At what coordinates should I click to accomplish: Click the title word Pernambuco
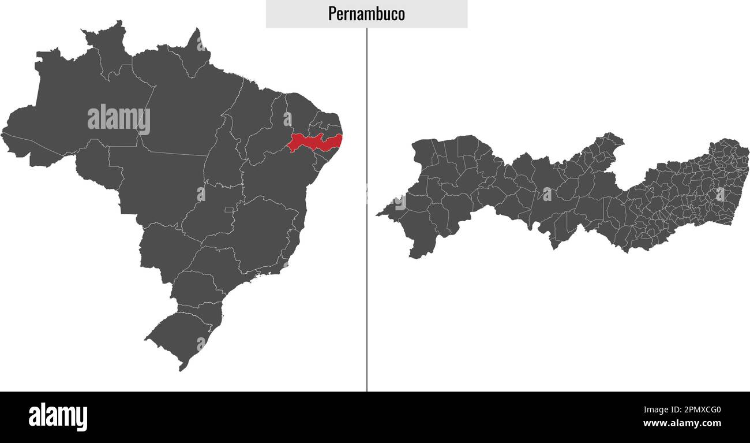pyautogui.click(x=366, y=14)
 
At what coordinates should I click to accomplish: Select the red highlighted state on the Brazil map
pyautogui.click(x=314, y=142)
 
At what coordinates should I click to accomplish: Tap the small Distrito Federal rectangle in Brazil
pyautogui.click(x=229, y=209)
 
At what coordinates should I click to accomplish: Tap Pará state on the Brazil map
pyautogui.click(x=185, y=110)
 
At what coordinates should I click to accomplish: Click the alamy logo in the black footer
pyautogui.click(x=58, y=416)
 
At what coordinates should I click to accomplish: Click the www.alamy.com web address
pyautogui.click(x=682, y=424)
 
